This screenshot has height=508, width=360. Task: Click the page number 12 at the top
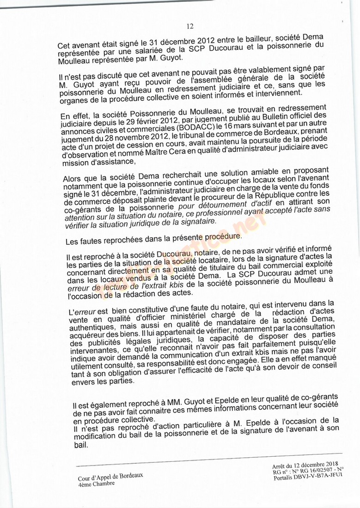(x=190, y=26)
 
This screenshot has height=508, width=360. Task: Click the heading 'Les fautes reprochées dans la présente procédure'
(x=153, y=239)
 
